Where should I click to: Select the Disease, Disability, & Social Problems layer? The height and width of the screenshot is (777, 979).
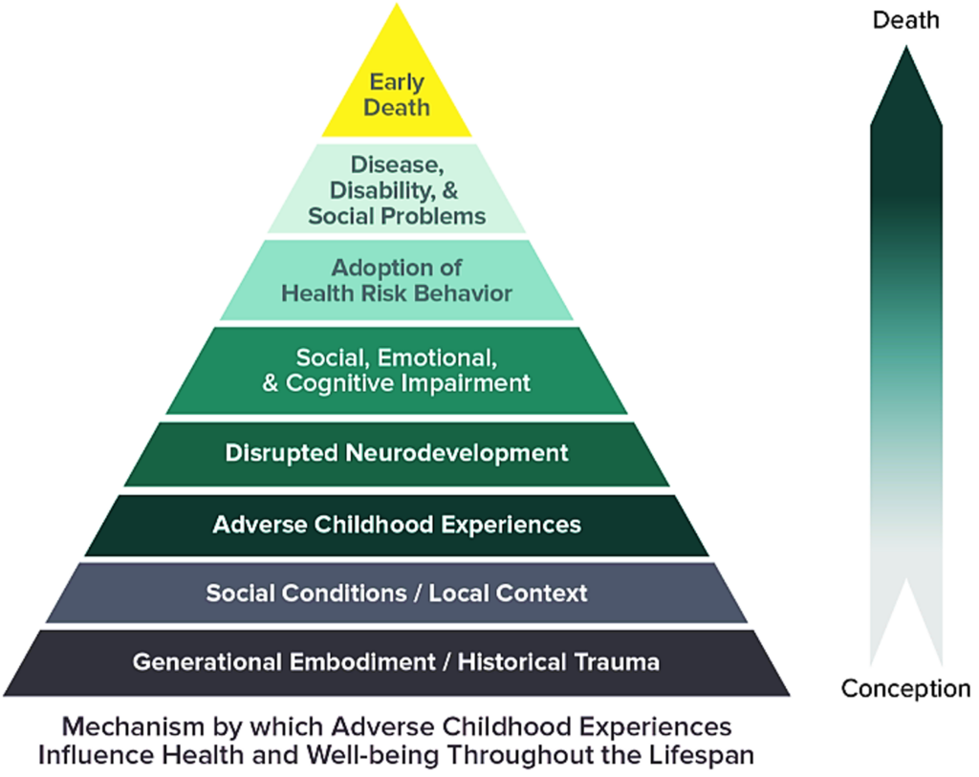(396, 189)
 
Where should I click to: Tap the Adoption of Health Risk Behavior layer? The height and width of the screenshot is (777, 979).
(396, 280)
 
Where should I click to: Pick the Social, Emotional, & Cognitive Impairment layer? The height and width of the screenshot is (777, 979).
(396, 371)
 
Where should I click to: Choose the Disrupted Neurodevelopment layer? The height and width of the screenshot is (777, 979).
(396, 453)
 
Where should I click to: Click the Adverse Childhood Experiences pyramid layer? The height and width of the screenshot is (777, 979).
(396, 525)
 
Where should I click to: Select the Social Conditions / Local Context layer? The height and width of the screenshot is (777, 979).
(396, 594)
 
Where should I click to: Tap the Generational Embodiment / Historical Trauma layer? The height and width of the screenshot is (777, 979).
(396, 661)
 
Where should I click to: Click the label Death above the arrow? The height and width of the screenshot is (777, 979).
(905, 20)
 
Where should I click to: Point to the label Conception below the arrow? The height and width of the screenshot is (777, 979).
(905, 688)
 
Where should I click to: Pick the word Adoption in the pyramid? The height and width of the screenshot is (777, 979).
(381, 268)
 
